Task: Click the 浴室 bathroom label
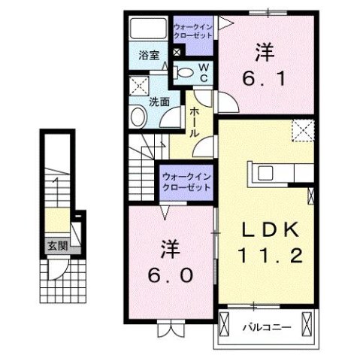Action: pyautogui.click(x=149, y=55)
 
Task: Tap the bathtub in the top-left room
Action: pyautogui.click(x=147, y=31)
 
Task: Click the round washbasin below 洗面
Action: pyautogui.click(x=138, y=117)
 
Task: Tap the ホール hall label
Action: pyautogui.click(x=194, y=120)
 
